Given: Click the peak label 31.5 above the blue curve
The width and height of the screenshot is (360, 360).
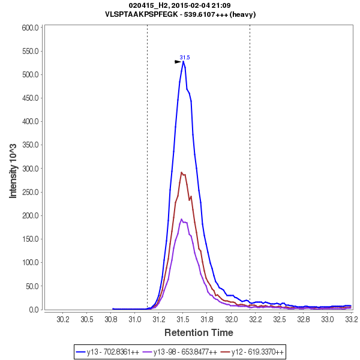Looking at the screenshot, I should pyautogui.click(x=185, y=58).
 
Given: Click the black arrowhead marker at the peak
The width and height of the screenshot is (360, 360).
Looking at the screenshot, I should pyautogui.click(x=178, y=62).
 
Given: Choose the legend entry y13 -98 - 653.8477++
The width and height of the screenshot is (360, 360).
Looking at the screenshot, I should pyautogui.click(x=185, y=351).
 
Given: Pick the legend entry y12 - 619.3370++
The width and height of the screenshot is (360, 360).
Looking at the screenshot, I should pyautogui.click(x=253, y=351).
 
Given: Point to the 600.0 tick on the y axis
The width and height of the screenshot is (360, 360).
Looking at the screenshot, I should pyautogui.click(x=31, y=28).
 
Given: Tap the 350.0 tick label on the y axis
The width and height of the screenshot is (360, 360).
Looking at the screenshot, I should pyautogui.click(x=31, y=145).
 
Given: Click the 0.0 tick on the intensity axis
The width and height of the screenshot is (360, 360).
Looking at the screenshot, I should pyautogui.click(x=34, y=310).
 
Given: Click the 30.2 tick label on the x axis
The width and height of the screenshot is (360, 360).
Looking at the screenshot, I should pyautogui.click(x=62, y=320).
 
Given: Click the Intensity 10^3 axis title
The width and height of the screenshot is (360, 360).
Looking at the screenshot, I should pyautogui.click(x=13, y=168).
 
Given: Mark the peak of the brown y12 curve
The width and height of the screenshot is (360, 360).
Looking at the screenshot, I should pyautogui.click(x=181, y=173).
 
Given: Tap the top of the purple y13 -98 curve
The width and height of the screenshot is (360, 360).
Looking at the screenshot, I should pyautogui.click(x=181, y=219).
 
